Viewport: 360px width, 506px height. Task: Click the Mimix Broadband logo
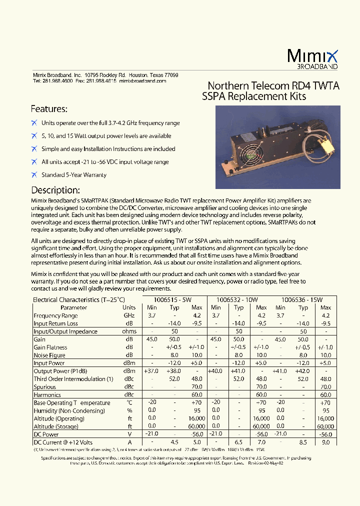tap(313, 58)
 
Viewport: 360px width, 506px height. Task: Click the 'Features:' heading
tap(49, 109)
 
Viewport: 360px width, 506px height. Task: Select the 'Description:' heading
tap(55, 190)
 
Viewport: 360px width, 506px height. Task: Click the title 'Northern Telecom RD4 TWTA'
tap(273, 86)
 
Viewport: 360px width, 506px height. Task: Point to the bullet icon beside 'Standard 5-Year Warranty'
tap(34, 175)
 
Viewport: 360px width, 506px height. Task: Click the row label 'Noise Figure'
tap(49, 355)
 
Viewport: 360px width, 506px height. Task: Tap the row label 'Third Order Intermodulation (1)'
tap(73, 379)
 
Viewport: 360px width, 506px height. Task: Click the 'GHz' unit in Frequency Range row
tap(129, 316)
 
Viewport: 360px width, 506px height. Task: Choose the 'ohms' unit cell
tap(129, 331)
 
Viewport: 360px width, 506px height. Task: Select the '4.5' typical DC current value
tap(174, 442)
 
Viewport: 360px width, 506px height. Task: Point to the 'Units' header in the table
tap(129, 308)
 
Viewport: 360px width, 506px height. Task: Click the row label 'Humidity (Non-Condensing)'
tap(69, 411)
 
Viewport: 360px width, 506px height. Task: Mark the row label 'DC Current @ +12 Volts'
tap(62, 442)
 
